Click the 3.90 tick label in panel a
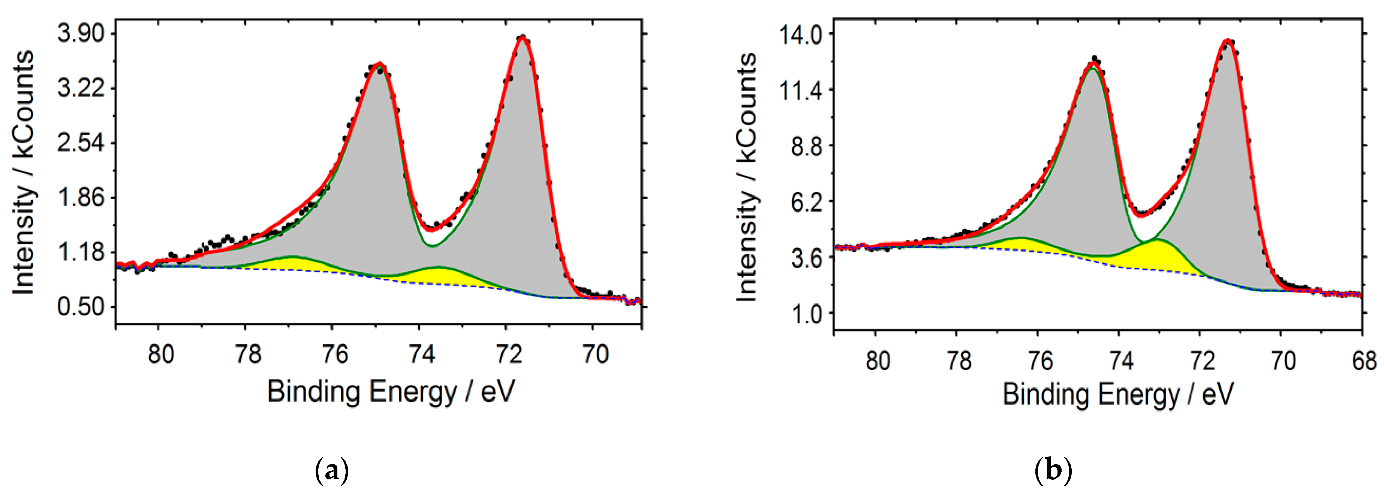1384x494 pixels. (81, 34)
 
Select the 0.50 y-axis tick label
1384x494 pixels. (81, 307)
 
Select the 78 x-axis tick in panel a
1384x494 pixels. (248, 354)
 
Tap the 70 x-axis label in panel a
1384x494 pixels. (595, 354)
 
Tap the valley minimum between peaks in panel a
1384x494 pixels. (431, 230)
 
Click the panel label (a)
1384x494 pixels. (331, 471)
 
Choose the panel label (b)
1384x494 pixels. (1053, 471)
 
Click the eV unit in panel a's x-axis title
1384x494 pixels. (497, 391)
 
